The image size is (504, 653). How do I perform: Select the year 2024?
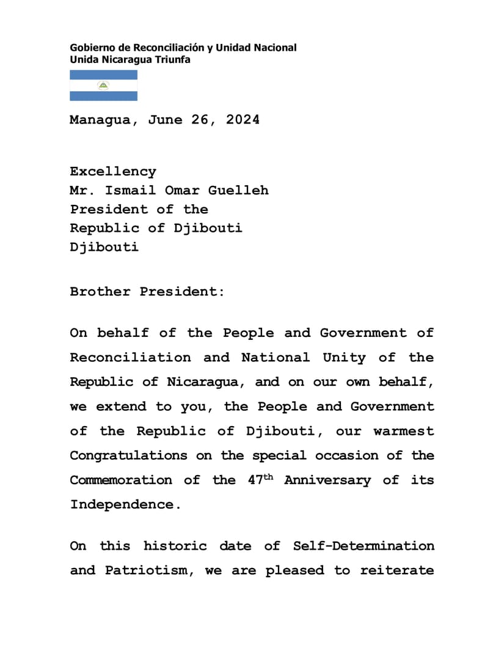click(x=243, y=120)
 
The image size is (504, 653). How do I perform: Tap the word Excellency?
click(x=113, y=172)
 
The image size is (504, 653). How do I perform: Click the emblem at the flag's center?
click(x=103, y=86)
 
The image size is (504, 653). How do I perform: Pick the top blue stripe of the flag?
click(x=103, y=75)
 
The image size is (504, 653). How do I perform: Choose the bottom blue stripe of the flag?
click(x=103, y=96)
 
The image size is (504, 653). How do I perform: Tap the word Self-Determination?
click(x=363, y=546)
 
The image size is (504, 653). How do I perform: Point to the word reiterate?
click(x=397, y=570)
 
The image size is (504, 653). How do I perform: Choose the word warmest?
click(x=404, y=431)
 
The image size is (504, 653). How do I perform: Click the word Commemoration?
click(x=121, y=480)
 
